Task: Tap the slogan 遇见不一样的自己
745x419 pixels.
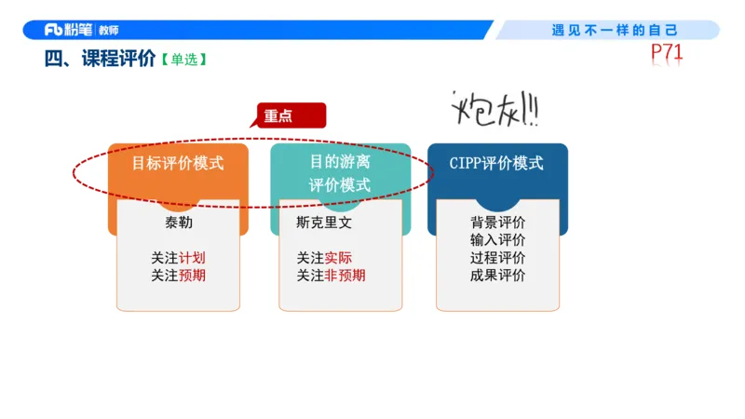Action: [x=615, y=30]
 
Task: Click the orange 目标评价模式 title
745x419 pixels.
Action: [x=177, y=163]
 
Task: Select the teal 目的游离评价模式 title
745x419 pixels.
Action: [x=340, y=173]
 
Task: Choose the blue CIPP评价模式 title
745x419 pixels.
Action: [x=496, y=163]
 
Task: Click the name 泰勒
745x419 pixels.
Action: [x=178, y=224]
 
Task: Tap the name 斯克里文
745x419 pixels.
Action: [x=324, y=224]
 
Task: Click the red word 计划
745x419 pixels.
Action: [x=193, y=258]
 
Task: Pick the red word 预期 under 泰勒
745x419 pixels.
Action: [x=193, y=276]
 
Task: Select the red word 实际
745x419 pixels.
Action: [x=338, y=258]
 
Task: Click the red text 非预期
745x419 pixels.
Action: [x=345, y=276]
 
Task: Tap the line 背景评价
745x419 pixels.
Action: [x=497, y=223]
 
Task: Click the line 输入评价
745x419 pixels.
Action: [x=497, y=240]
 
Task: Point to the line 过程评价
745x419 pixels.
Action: [x=497, y=258]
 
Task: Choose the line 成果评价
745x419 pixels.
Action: [x=497, y=276]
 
